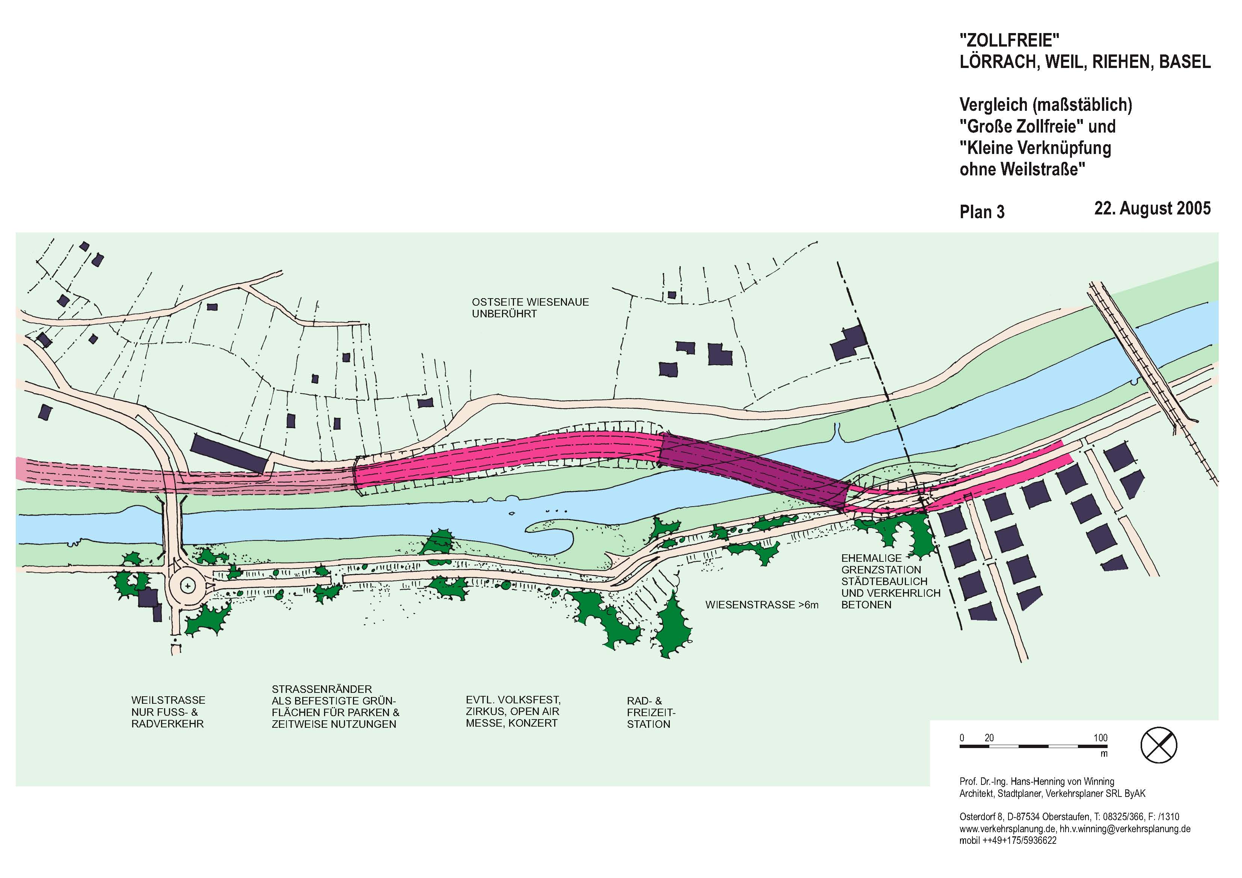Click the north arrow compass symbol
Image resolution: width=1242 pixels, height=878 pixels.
[1159, 745]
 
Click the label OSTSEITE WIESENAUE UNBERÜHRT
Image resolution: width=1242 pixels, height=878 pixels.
[530, 308]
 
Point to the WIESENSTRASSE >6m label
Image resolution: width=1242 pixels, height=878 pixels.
[762, 605]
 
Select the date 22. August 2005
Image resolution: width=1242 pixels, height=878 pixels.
[1152, 208]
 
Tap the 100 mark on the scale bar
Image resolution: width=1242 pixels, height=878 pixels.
[1100, 738]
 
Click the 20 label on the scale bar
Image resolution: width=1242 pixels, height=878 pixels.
[989, 738]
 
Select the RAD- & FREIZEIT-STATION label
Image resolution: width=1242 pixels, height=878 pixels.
[651, 712]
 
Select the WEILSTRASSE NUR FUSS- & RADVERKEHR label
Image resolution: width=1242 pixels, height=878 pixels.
[168, 712]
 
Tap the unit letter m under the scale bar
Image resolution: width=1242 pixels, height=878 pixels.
[1103, 754]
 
